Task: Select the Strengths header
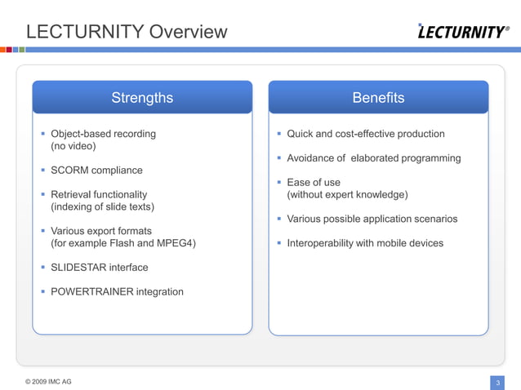coord(142,98)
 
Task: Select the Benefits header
coord(378,98)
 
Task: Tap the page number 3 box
coord(497,382)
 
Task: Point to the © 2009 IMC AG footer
coord(48,381)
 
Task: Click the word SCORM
coord(69,171)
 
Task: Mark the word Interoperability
coord(322,243)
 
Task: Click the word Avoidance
coord(311,158)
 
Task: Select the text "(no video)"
coord(73,146)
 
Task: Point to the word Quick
coord(301,134)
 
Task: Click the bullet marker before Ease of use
coord(278,182)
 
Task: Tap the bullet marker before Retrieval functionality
coord(42,194)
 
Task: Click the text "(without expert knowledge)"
coord(347,194)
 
